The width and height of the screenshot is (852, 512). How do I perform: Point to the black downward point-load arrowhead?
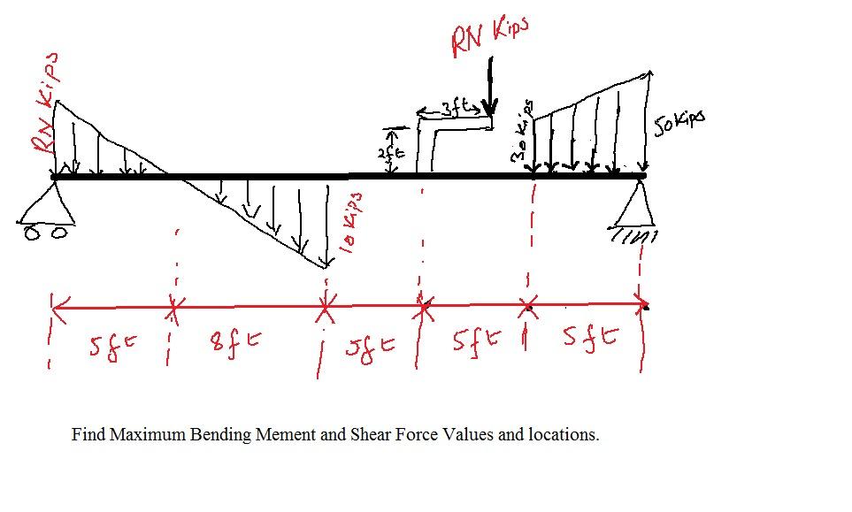487,109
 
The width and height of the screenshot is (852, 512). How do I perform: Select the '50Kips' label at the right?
679,125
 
